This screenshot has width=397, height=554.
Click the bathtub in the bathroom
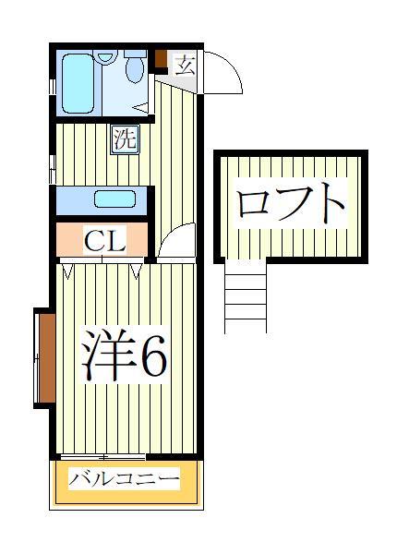click(x=79, y=82)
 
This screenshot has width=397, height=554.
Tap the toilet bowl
click(x=135, y=69)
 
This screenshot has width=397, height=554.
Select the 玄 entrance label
click(x=184, y=66)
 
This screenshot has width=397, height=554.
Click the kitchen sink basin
click(x=114, y=199)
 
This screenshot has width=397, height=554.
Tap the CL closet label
click(x=104, y=241)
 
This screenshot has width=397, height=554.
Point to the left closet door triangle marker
click(x=68, y=271)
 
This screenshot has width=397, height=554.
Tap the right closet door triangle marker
click(x=138, y=271)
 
